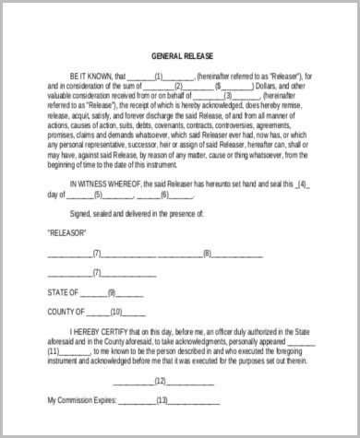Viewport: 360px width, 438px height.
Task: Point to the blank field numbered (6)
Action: (x=164, y=195)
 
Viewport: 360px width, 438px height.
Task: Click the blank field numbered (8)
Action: (x=208, y=254)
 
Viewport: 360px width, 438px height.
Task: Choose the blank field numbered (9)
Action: (x=112, y=292)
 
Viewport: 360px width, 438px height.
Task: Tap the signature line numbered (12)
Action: (x=161, y=381)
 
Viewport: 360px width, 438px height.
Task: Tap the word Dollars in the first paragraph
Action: (x=275, y=86)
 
